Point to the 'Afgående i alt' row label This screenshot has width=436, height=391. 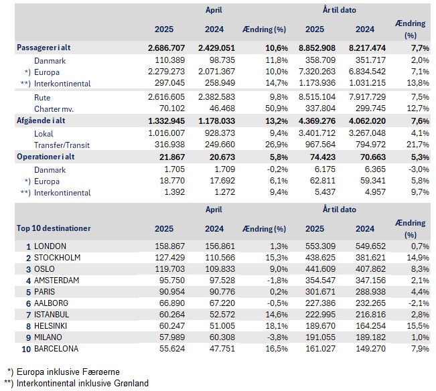tap(46, 121)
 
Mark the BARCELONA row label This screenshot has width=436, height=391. tap(57, 349)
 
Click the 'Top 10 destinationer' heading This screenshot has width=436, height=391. tap(54, 228)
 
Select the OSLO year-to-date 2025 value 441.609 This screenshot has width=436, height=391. tap(320, 269)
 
